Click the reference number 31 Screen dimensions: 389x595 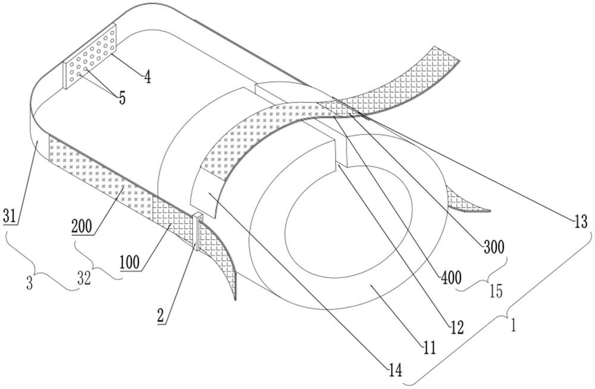coord(11,218)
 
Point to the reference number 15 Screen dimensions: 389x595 coord(495,291)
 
